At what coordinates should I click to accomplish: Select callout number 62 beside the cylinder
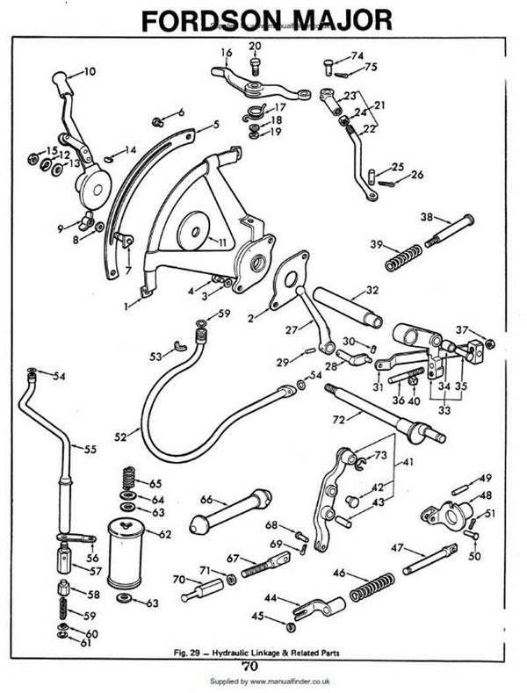[164, 532]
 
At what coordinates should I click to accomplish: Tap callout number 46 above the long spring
[339, 573]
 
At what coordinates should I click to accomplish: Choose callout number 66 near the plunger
[206, 499]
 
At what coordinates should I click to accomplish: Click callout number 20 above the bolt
[256, 46]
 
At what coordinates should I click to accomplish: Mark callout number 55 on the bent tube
[90, 448]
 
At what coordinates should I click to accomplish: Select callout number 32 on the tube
[372, 289]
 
